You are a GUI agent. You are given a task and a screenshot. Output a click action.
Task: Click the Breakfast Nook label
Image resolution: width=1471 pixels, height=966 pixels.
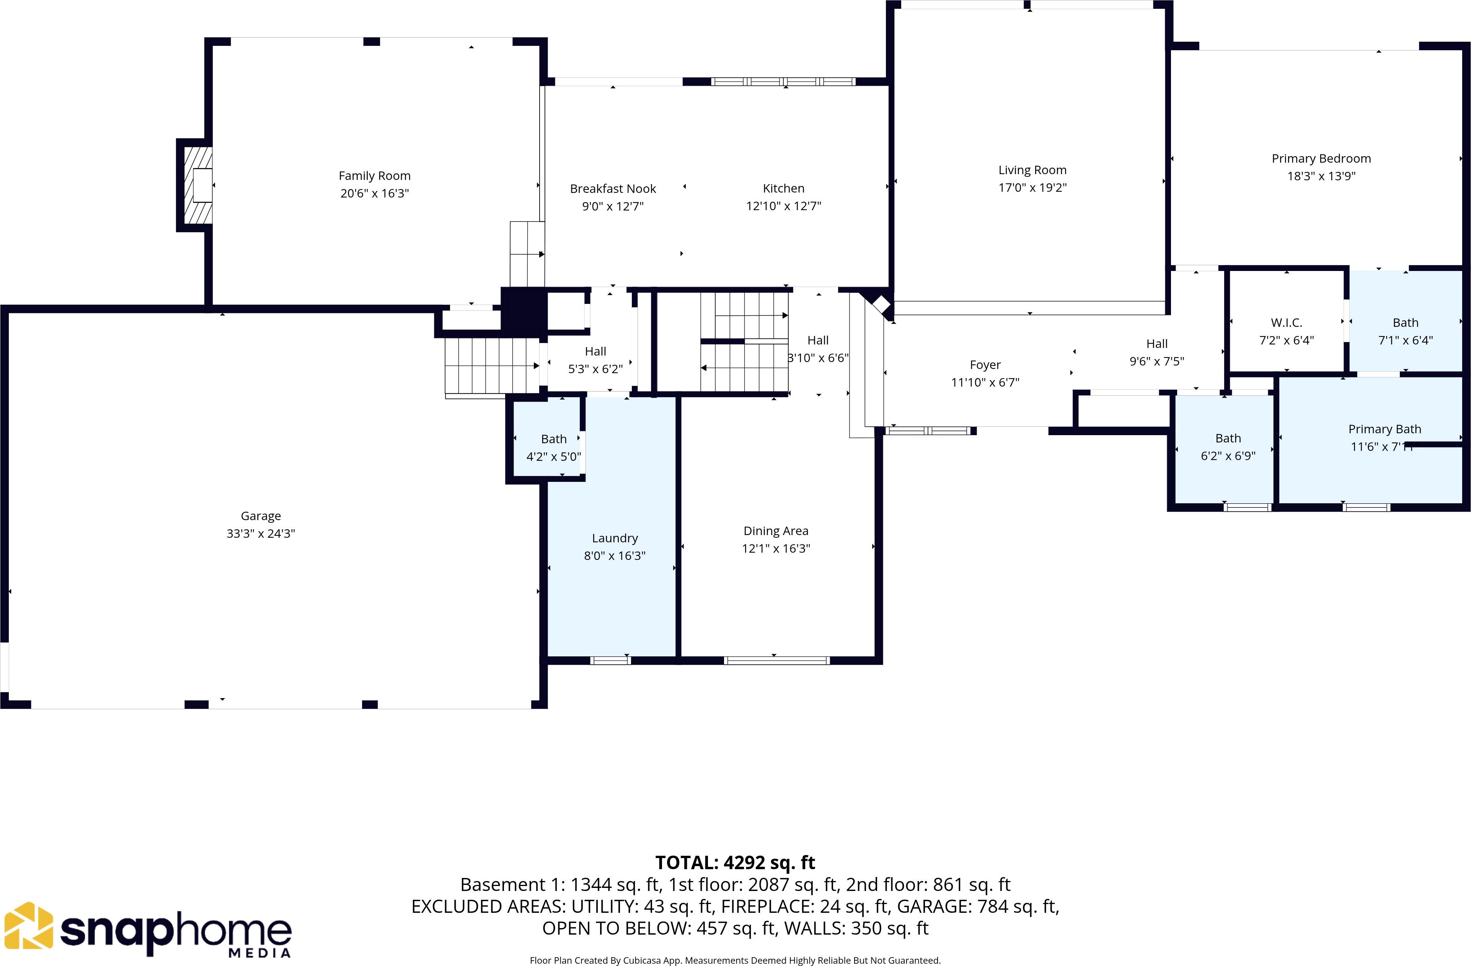613,189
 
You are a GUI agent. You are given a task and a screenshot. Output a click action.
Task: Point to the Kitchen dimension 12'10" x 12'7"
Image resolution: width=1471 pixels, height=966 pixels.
783,206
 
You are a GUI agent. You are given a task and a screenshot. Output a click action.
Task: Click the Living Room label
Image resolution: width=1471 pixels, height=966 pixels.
1032,170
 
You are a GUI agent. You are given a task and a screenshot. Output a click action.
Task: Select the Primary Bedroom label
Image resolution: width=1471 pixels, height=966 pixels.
1321,159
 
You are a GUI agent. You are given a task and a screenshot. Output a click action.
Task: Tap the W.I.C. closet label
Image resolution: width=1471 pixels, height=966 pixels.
1286,323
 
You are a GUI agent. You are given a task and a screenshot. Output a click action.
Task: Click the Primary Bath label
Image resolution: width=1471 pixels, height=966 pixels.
1385,429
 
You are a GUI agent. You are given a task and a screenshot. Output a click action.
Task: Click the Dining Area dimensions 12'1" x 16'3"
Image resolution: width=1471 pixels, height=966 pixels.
776,548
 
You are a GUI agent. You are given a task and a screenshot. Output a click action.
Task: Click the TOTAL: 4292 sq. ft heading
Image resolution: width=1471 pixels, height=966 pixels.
735,862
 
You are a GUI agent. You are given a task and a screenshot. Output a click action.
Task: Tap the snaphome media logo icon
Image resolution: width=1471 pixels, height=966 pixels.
29,925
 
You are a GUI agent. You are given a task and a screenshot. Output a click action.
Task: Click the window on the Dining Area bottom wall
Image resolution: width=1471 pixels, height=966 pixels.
776,661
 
